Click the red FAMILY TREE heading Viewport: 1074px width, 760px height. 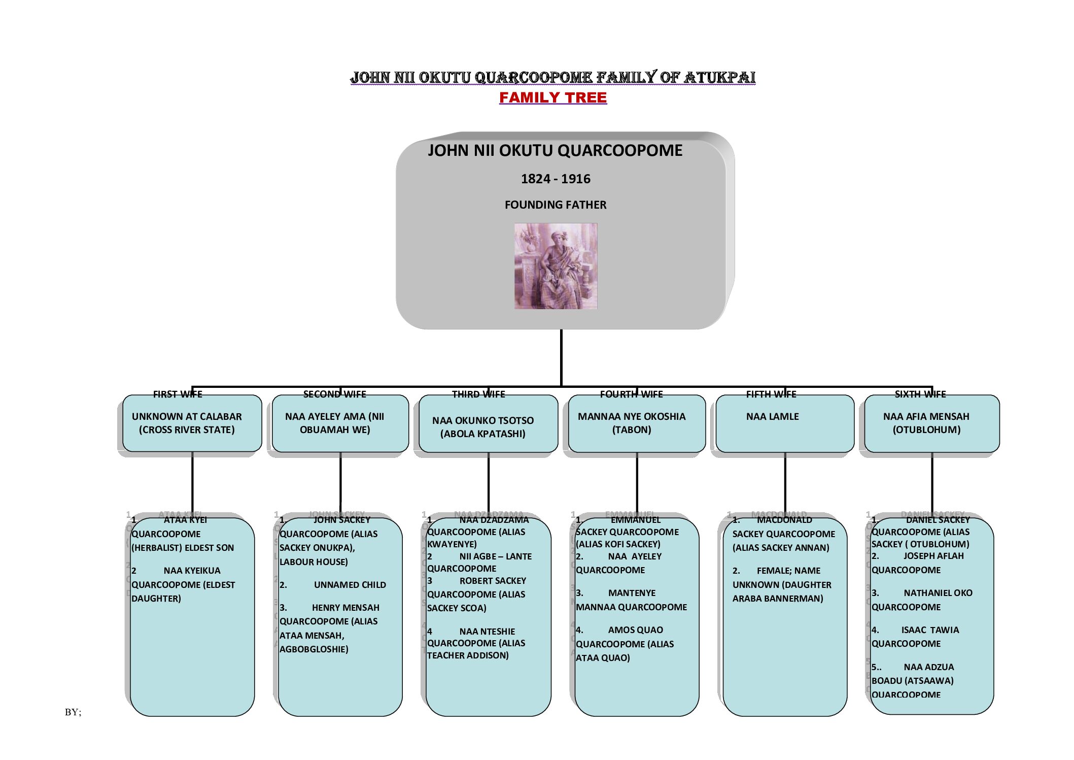[552, 97]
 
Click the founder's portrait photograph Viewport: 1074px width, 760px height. [556, 266]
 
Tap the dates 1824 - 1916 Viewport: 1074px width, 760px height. [556, 179]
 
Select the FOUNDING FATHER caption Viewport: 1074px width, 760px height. [556, 205]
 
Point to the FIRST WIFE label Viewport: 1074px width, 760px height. [178, 394]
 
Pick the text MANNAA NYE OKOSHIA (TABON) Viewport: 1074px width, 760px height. [632, 423]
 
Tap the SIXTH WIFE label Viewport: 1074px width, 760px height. [920, 394]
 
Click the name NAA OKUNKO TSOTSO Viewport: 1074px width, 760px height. [483, 420]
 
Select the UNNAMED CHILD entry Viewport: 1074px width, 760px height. [350, 585]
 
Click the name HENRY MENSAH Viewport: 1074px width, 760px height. [345, 608]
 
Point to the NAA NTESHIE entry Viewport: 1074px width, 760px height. [487, 632]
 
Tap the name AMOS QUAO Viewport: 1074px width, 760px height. [635, 630]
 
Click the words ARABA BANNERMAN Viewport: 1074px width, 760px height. [777, 599]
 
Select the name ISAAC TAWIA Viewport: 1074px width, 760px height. [930, 630]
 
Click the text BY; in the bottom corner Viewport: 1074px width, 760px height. [73, 712]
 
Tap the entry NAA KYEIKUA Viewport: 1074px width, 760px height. [192, 571]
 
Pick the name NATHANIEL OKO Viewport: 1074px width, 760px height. [938, 593]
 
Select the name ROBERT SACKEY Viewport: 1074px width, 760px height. [493, 581]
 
